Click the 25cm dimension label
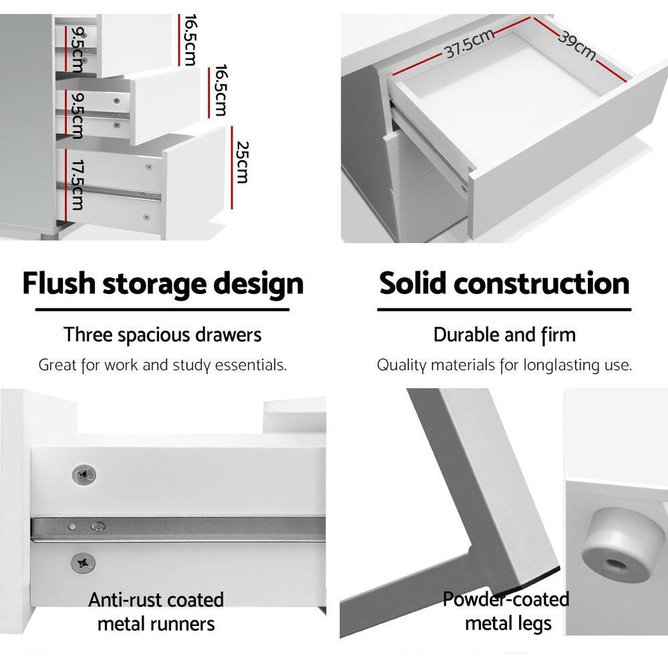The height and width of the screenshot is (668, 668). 241,162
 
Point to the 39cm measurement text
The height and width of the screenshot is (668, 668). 576,44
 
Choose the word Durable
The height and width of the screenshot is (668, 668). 466,334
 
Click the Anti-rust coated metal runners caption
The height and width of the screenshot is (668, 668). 156,611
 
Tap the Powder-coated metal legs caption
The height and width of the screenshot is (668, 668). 506,611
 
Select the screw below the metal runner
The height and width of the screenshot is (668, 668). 84,562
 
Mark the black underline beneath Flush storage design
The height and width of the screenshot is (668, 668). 162,309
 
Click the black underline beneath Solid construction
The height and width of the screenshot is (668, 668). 504,309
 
